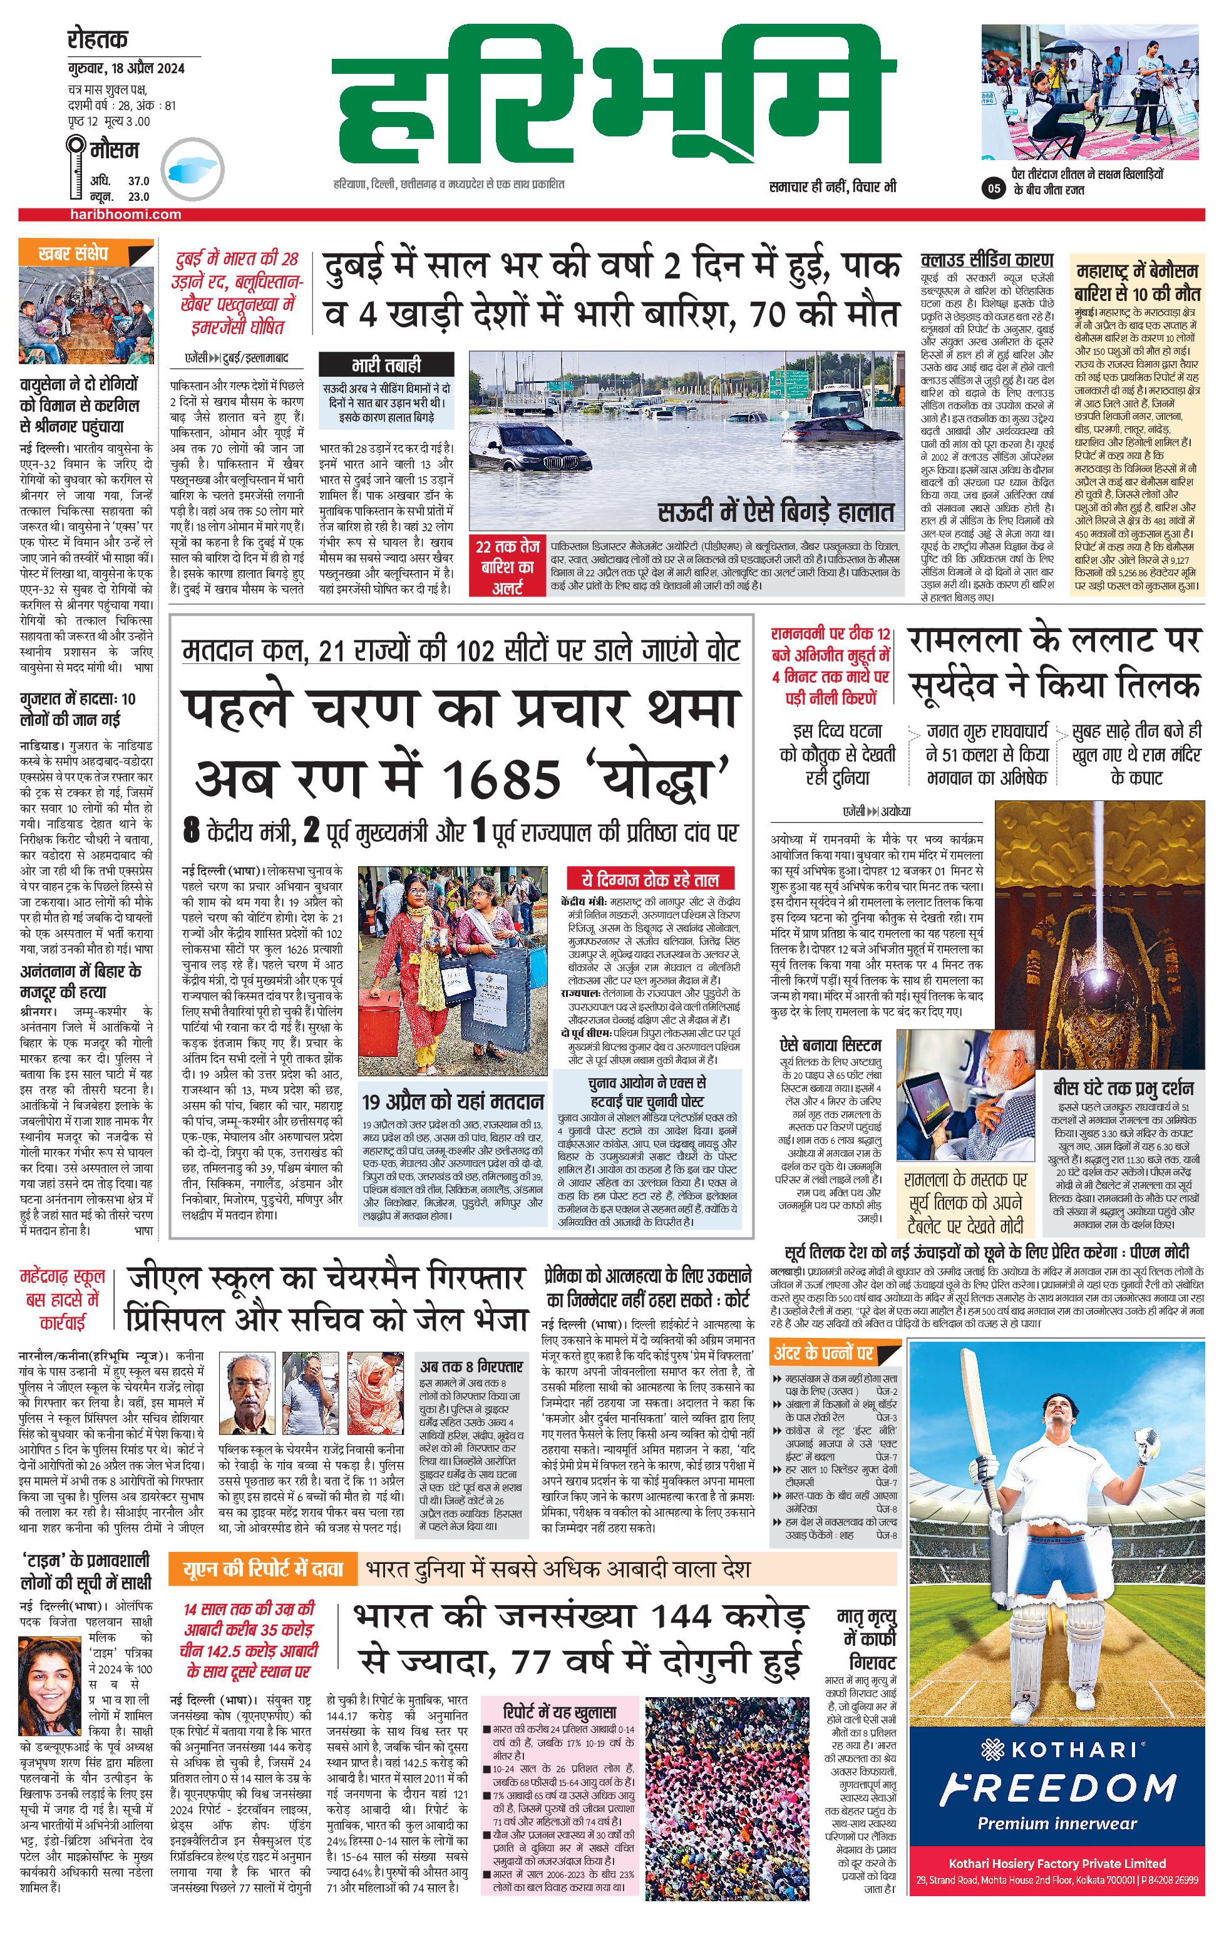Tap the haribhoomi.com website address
[125, 214]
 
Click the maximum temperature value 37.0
[138, 181]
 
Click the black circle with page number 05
[994, 188]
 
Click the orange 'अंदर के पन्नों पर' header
[823, 1353]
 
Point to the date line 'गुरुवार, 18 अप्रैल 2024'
[126, 68]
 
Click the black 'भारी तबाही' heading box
[385, 364]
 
